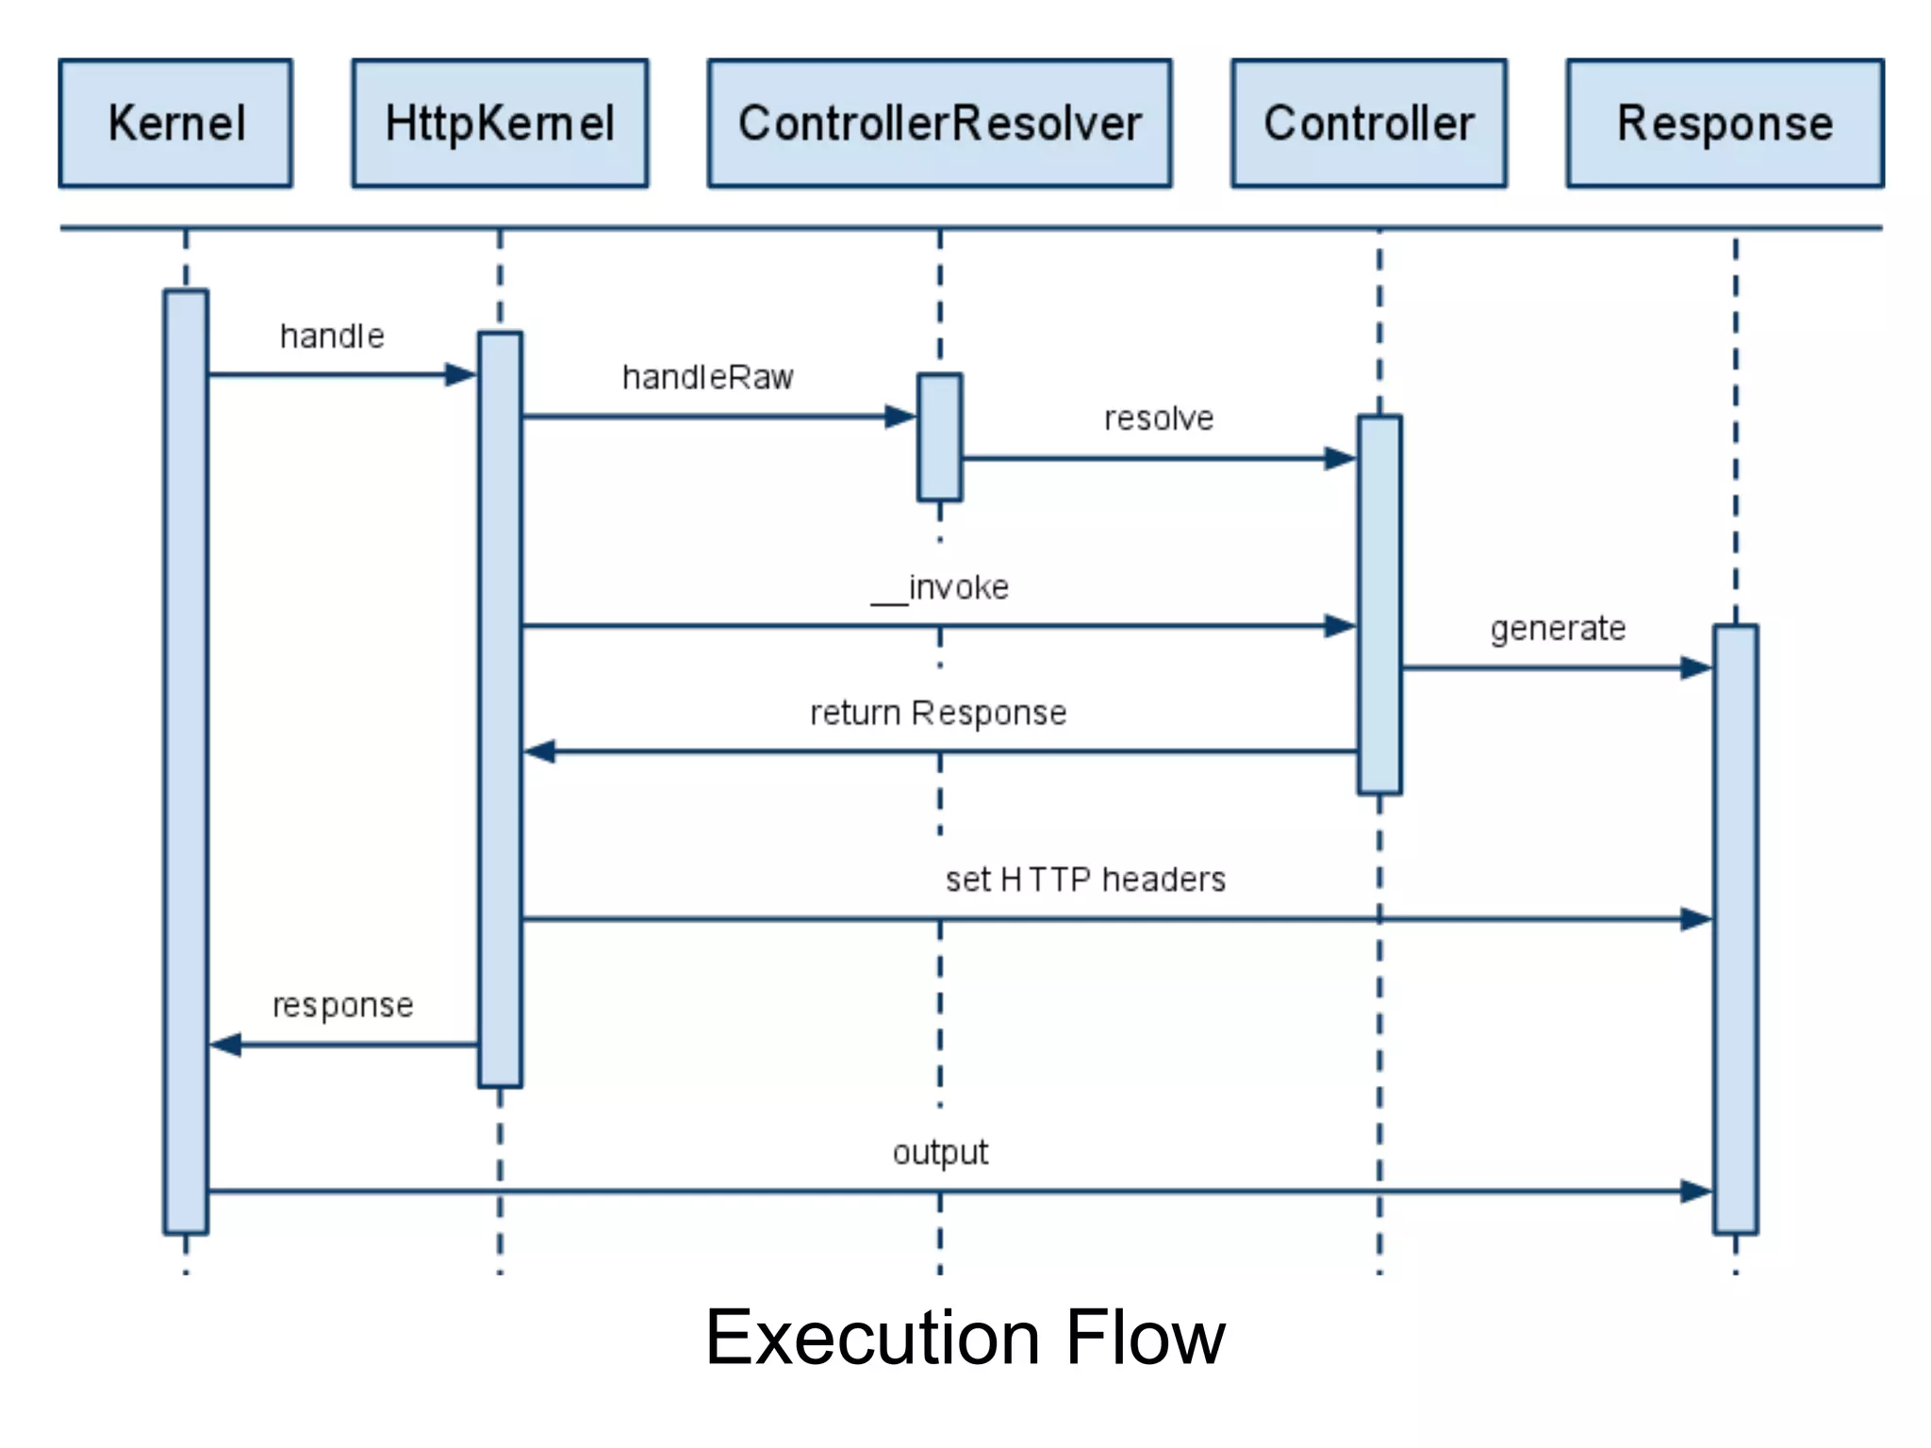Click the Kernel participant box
[175, 123]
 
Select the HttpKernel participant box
[500, 123]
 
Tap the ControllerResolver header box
[939, 123]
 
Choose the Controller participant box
[1368, 123]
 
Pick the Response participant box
[1725, 123]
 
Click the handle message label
[332, 337]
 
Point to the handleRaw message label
[707, 377]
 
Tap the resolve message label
[1159, 419]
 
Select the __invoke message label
[939, 588]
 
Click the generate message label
[1558, 629]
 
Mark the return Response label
[938, 713]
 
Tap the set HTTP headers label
[1085, 880]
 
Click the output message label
[940, 1153]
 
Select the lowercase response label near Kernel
[342, 1006]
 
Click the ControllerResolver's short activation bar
[939, 436]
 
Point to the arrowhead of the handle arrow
[462, 375]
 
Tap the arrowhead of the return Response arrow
[539, 751]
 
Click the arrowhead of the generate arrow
[1696, 668]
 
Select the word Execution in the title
[872, 1338]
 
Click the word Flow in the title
[1145, 1338]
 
